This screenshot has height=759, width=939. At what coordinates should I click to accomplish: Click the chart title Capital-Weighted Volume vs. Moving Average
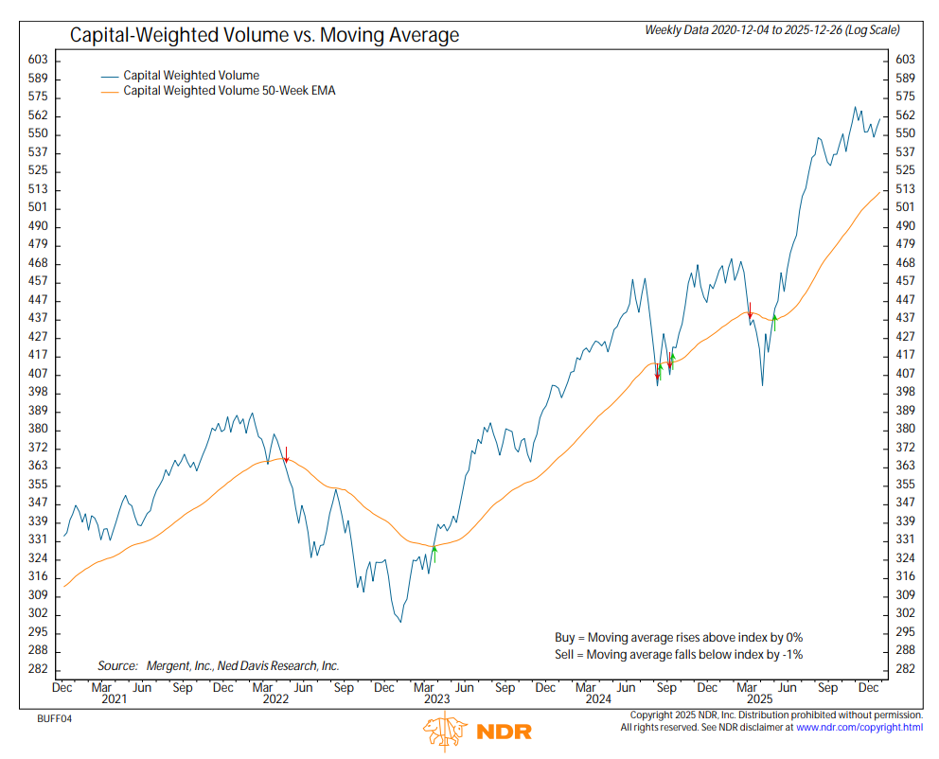(x=264, y=36)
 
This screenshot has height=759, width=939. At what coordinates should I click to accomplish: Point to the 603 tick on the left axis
(x=39, y=60)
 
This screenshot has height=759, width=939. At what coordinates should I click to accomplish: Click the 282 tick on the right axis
(x=904, y=669)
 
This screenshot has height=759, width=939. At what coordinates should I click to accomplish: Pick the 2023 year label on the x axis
(x=436, y=699)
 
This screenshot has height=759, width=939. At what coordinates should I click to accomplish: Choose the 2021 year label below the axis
(x=114, y=699)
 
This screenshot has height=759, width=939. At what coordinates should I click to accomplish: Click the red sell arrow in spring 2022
(x=285, y=454)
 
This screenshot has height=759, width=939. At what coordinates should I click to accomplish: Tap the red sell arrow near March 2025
(x=750, y=310)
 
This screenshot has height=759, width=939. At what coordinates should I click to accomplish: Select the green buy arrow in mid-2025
(x=774, y=322)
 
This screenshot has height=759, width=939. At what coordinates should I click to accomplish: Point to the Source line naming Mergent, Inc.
(x=218, y=665)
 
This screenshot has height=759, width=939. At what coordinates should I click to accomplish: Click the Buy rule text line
(x=678, y=637)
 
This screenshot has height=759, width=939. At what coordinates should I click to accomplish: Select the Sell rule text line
(x=678, y=654)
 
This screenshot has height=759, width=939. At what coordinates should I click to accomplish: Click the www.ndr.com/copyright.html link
(x=859, y=727)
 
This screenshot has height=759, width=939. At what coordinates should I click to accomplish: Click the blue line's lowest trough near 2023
(x=400, y=622)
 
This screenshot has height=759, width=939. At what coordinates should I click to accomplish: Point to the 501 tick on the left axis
(x=39, y=208)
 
